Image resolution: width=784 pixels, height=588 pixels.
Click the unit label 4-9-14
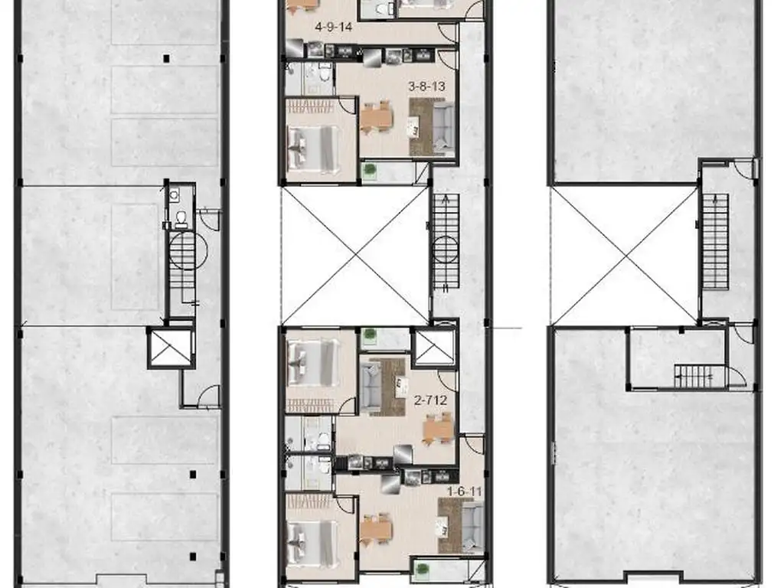coord(334,27)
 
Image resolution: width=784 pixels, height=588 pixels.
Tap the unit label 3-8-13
coord(426,87)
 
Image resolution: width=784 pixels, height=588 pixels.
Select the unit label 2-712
coord(430,400)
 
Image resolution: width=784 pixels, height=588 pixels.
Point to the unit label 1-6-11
coord(464,492)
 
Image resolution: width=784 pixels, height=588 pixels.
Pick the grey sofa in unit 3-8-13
coord(443,127)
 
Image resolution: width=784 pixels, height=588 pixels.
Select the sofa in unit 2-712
coord(371,386)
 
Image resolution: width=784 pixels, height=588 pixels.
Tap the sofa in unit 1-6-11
coord(472,528)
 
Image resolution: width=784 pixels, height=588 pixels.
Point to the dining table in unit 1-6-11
coord(375,529)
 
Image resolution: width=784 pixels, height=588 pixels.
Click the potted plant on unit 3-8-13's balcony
coord(370,171)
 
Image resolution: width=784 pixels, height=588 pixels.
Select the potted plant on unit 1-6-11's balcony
coord(423,570)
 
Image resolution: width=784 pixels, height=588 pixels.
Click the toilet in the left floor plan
coord(181,219)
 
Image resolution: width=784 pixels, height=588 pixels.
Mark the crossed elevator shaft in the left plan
coord(171,348)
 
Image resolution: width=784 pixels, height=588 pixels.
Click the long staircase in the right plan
coord(716,241)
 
